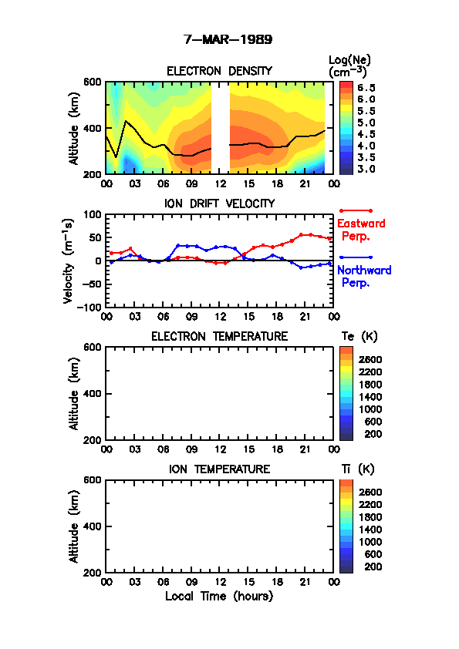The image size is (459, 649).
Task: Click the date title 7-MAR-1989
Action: coord(228,39)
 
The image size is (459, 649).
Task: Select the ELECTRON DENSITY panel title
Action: coord(219,71)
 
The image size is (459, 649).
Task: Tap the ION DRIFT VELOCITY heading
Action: coord(220,203)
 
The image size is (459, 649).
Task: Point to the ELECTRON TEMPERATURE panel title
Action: coord(219,337)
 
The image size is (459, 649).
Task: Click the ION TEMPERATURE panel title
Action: coord(219,469)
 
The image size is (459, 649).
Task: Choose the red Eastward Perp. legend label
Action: coord(361,230)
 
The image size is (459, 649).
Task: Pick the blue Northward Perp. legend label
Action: coord(364,276)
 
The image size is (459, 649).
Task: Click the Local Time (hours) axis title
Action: coord(219,597)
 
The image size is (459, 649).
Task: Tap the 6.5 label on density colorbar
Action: coord(366,88)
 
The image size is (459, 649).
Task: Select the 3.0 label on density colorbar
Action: coord(366,169)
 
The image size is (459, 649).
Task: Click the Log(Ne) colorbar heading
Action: coord(349,66)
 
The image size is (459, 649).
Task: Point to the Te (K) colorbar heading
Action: coord(359,337)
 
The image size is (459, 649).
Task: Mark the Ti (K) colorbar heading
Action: coord(358,469)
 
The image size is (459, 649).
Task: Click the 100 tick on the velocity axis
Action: coord(93,214)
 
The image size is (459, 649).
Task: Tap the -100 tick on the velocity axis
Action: coord(89,307)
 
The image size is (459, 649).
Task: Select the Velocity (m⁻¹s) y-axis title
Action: coord(69,261)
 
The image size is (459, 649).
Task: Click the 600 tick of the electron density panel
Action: coord(93,82)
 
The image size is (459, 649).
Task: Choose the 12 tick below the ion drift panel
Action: coord(221,317)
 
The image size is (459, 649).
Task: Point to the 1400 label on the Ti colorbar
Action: coord(370,530)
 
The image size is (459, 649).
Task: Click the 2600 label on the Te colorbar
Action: coord(370,359)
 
